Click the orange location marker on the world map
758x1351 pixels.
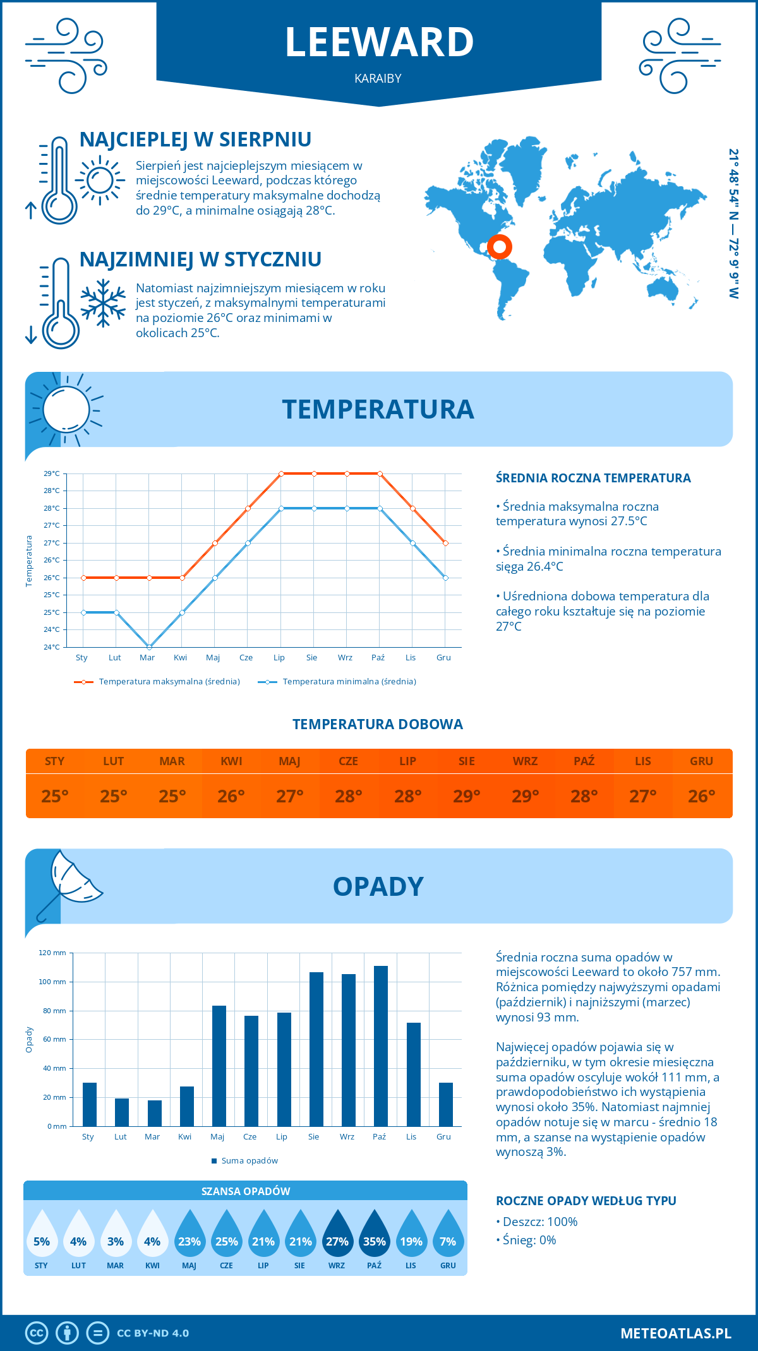pos(499,247)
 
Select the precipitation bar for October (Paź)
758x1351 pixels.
pos(380,1046)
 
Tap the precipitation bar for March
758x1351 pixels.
pos(154,1113)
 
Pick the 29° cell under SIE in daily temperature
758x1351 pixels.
pos(466,796)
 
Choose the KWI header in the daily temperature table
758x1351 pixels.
pos(231,761)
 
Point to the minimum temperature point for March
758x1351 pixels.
pos(149,647)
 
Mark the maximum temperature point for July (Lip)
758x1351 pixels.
pos(281,473)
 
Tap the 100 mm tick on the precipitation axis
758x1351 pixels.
pos(52,982)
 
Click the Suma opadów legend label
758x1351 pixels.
pos(250,1160)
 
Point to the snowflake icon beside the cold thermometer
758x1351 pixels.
pos(103,303)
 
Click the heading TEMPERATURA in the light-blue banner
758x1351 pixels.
pos(378,409)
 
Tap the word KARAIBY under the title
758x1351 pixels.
pos(378,78)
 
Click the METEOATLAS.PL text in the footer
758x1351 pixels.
pos(675,1333)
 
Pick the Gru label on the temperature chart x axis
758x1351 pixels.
pos(443,657)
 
